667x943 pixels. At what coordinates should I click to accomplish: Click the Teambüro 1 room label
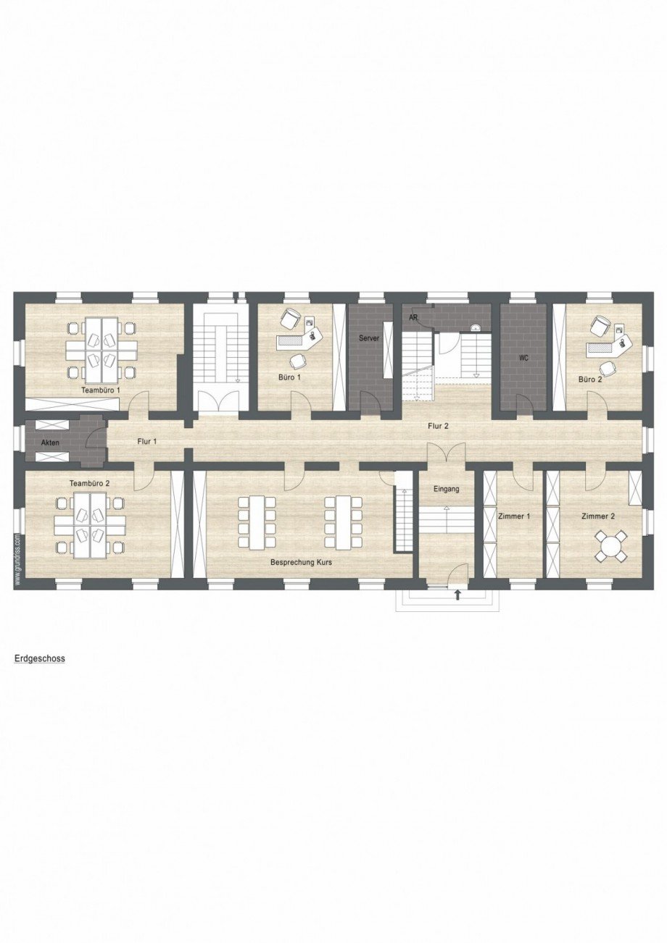pyautogui.click(x=101, y=390)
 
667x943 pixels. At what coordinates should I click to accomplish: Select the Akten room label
pyautogui.click(x=50, y=443)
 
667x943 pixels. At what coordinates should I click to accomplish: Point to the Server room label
pyautogui.click(x=369, y=338)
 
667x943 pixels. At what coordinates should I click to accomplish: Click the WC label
pyautogui.click(x=523, y=358)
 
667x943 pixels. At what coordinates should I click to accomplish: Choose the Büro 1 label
pyautogui.click(x=289, y=377)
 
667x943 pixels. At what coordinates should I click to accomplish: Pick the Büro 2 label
pyautogui.click(x=590, y=380)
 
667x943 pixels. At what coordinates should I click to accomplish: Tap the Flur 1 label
pyautogui.click(x=147, y=442)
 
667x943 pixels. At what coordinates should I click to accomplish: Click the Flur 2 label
pyautogui.click(x=438, y=426)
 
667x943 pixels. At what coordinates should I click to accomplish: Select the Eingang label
pyautogui.click(x=446, y=489)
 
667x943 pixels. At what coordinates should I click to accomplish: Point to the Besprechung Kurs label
pyautogui.click(x=302, y=562)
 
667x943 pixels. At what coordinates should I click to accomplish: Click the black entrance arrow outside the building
pyautogui.click(x=458, y=595)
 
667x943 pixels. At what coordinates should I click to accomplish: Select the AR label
pyautogui.click(x=413, y=318)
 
